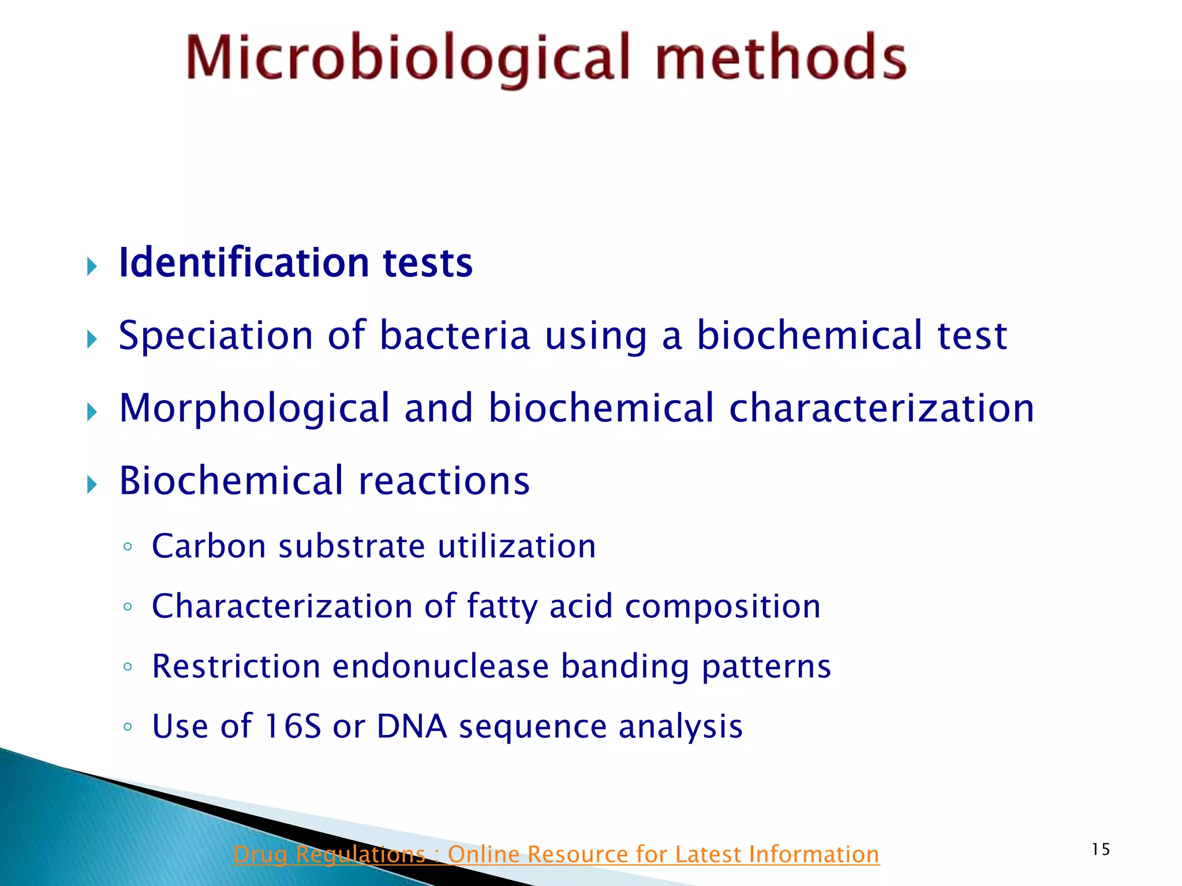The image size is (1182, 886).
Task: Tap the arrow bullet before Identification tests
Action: pos(92,266)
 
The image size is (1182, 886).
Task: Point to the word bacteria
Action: pos(454,336)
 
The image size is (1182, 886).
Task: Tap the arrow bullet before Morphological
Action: pos(92,412)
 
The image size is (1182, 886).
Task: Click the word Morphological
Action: pos(255,408)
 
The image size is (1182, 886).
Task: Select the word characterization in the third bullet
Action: pos(881,408)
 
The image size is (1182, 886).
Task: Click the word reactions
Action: pos(443,481)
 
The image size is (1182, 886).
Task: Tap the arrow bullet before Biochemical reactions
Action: pos(92,485)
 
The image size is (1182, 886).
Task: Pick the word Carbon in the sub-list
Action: pos(208,546)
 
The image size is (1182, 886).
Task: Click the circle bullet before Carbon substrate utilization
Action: pos(128,546)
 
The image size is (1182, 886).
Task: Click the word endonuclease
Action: pos(440,666)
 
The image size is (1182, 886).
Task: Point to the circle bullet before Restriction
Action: pos(128,667)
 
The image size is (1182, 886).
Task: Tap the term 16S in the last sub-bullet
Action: pos(292,726)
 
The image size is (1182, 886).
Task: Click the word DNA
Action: pos(412,726)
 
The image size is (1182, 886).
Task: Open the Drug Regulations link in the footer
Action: pos(556,854)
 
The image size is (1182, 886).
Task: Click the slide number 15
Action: pos(1101,849)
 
